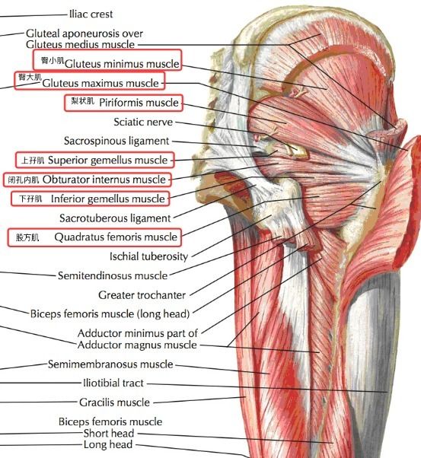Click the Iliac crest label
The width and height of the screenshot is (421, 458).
[x=91, y=14]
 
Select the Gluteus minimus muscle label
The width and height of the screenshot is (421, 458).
[x=122, y=64]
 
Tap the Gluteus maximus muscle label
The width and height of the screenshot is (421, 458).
[x=100, y=83]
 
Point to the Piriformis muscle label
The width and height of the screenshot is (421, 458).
[x=139, y=103]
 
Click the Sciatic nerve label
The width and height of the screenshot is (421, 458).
[x=143, y=122]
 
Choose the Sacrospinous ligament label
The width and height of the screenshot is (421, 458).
[x=116, y=141]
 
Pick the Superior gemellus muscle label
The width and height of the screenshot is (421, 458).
[x=108, y=160]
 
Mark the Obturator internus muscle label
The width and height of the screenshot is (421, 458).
[x=104, y=180]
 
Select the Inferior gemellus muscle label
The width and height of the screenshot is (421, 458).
[x=108, y=199]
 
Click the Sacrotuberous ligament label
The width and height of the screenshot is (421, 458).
[x=115, y=218]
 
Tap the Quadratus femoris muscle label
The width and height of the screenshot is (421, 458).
[x=116, y=237]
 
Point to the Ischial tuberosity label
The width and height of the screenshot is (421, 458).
[x=148, y=256]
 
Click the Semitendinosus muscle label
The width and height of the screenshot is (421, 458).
[x=113, y=275]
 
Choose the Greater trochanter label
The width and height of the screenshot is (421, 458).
[x=142, y=295]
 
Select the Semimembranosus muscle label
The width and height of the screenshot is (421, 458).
[x=110, y=364]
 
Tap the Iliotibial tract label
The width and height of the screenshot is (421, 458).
[x=113, y=383]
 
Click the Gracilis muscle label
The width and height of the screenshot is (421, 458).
[x=114, y=402]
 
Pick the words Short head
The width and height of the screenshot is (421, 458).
[x=109, y=433]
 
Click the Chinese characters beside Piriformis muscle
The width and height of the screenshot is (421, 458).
[x=83, y=101]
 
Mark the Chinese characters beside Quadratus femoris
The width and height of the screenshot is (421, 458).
[x=27, y=237]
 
